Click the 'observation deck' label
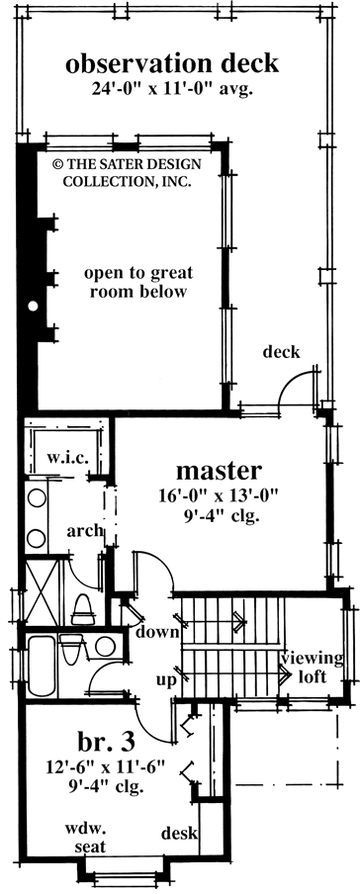pyautogui.click(x=172, y=65)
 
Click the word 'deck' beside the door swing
pyautogui.click(x=282, y=353)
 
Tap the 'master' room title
pyautogui.click(x=219, y=469)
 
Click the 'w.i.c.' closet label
pyautogui.click(x=67, y=459)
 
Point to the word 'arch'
pyautogui.click(x=85, y=531)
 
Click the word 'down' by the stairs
pyautogui.click(x=157, y=632)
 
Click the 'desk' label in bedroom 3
pyautogui.click(x=177, y=833)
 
